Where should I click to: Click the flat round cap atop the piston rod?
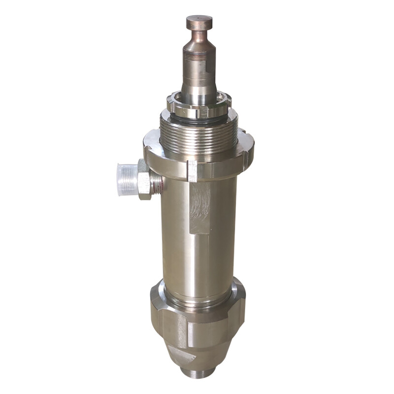point(199,22)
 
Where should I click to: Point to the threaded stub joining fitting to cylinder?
point(157,181)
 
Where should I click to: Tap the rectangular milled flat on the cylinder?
point(199,207)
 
